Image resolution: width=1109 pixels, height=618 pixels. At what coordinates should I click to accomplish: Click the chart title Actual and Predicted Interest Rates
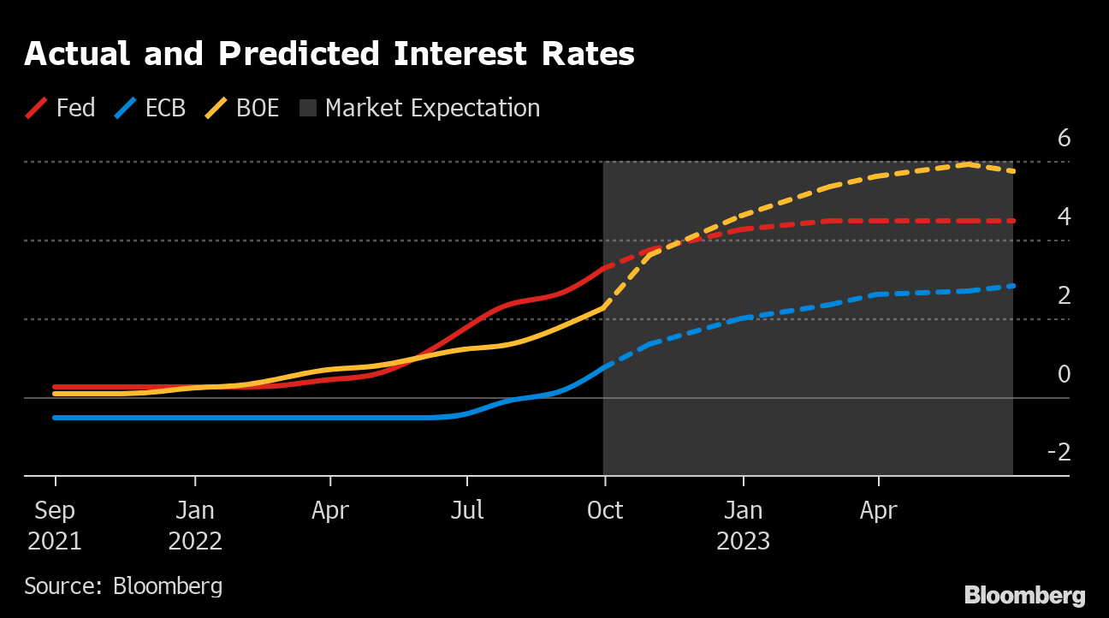pyautogui.click(x=329, y=54)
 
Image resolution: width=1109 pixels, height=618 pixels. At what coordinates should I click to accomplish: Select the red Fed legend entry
pyautogui.click(x=61, y=109)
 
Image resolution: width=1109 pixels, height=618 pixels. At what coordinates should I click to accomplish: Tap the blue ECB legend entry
pyautogui.click(x=151, y=109)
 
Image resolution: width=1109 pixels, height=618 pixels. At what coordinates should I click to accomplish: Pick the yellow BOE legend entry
pyautogui.click(x=243, y=109)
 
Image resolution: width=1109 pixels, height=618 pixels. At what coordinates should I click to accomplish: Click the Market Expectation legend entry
pyautogui.click(x=420, y=109)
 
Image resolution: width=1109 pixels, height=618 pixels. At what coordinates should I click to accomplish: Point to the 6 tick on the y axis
pyautogui.click(x=1064, y=138)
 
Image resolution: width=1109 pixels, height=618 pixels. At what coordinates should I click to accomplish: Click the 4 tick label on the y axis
pyautogui.click(x=1064, y=217)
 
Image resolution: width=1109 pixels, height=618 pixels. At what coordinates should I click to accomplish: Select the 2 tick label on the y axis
pyautogui.click(x=1064, y=295)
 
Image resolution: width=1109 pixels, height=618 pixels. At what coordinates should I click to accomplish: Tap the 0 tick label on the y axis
pyautogui.click(x=1064, y=374)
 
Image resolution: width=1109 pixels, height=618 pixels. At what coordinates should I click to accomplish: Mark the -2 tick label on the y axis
pyautogui.click(x=1059, y=452)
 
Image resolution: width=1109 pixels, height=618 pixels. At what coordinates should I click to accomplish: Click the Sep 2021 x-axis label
pyautogui.click(x=55, y=526)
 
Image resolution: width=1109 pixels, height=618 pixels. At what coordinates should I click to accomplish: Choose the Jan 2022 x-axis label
pyautogui.click(x=195, y=526)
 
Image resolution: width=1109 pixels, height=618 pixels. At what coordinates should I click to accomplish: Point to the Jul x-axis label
pyautogui.click(x=467, y=511)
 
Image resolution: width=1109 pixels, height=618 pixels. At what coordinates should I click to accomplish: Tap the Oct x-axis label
pyautogui.click(x=604, y=511)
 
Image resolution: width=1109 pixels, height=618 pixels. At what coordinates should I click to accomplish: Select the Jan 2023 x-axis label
pyautogui.click(x=743, y=526)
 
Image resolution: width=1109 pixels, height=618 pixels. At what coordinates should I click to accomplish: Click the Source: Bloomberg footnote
pyautogui.click(x=123, y=586)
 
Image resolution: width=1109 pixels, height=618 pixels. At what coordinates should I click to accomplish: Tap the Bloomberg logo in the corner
pyautogui.click(x=1024, y=596)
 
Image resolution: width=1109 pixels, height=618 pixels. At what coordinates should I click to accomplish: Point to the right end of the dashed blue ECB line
pyautogui.click(x=1014, y=286)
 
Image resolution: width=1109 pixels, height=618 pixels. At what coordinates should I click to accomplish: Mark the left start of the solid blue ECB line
pyautogui.click(x=55, y=418)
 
